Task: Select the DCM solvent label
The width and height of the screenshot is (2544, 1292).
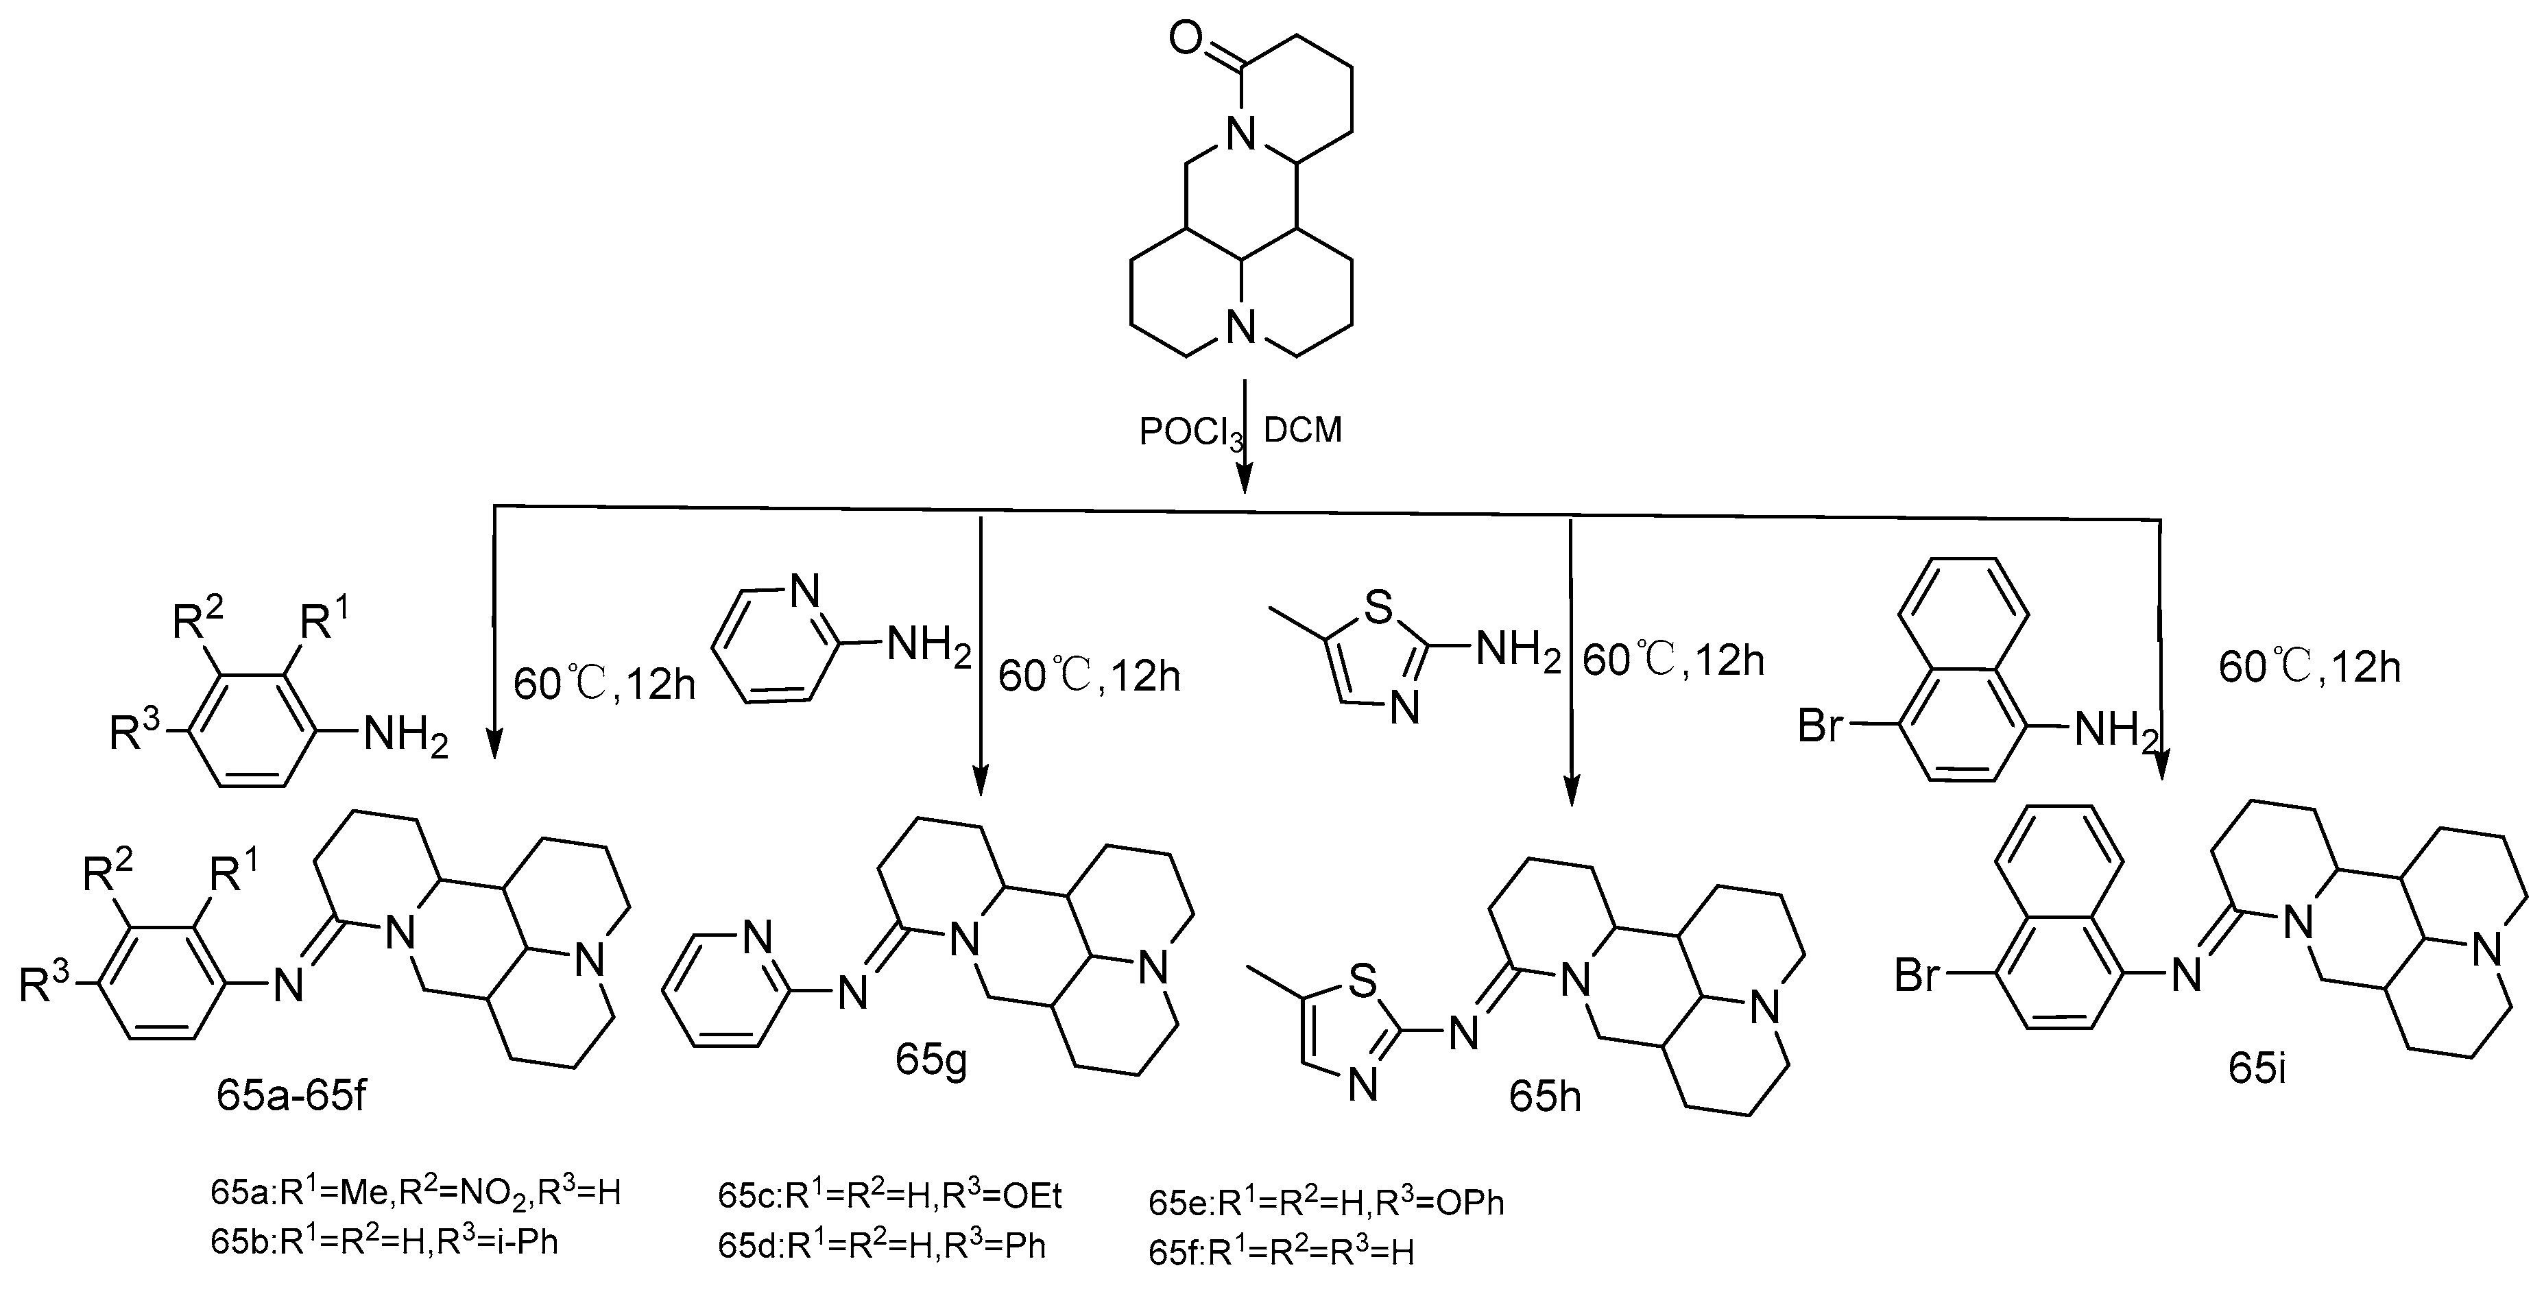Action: tap(1303, 431)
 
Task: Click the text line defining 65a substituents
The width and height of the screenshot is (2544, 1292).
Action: tap(415, 1193)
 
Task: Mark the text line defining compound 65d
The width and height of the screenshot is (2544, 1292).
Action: tap(881, 1247)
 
